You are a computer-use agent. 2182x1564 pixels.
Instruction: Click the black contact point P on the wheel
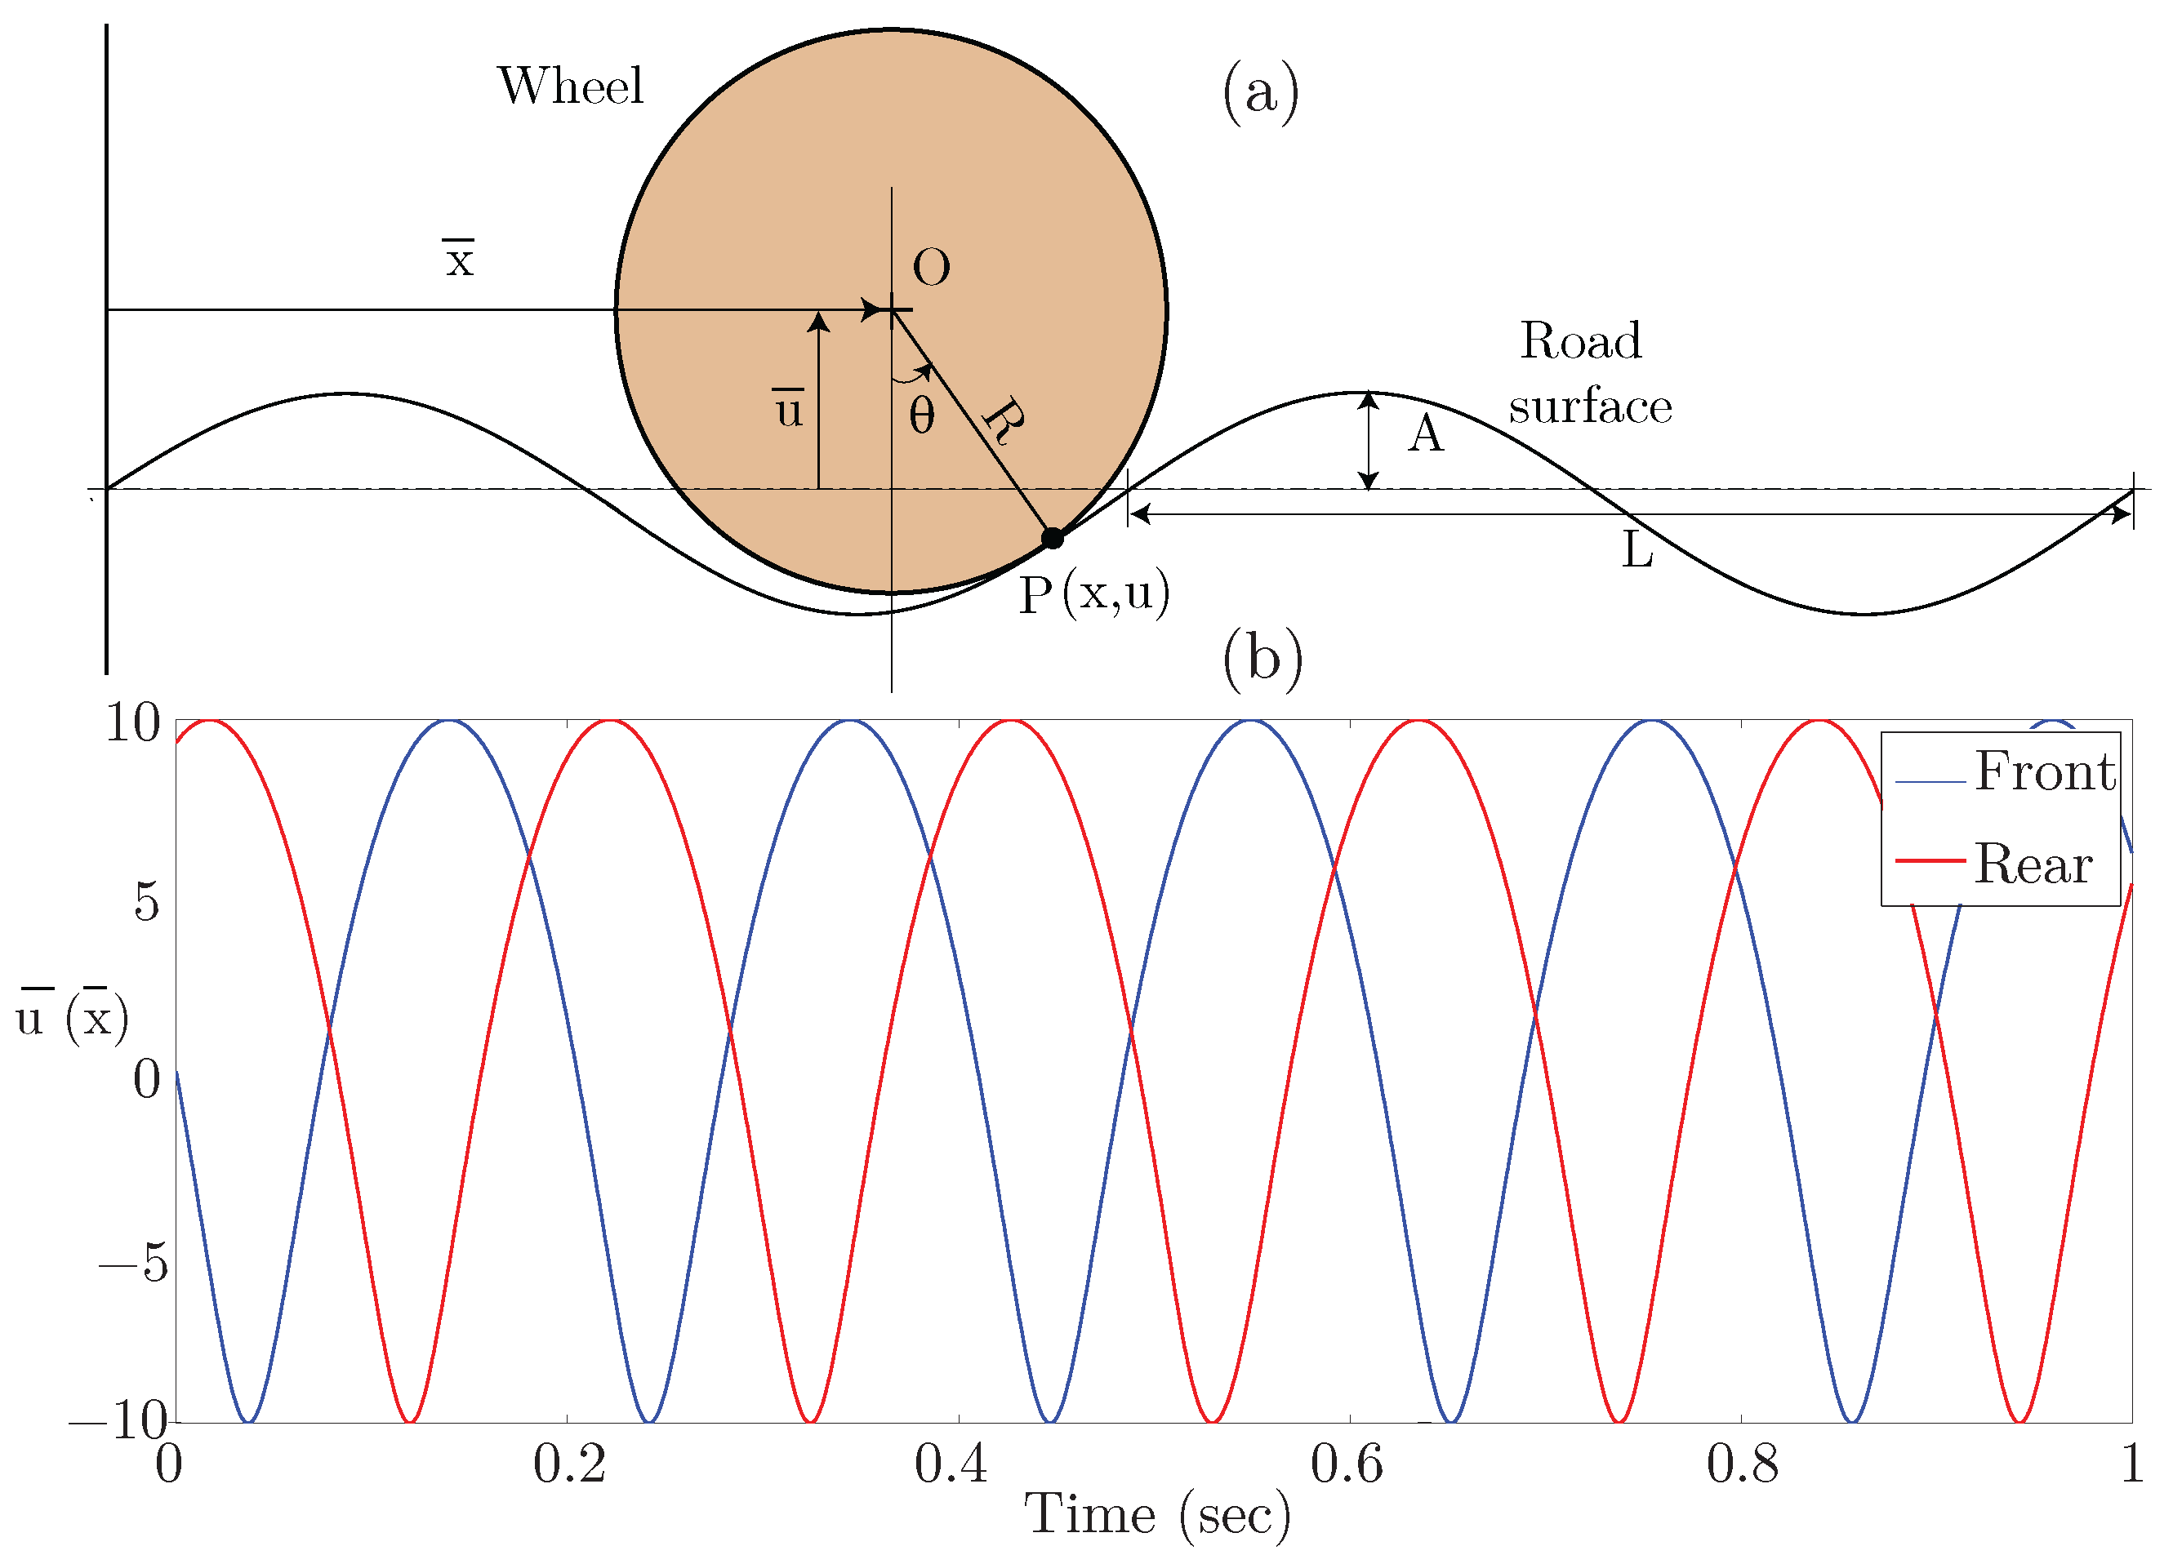(x=1053, y=538)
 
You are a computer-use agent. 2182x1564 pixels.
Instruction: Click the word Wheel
(x=571, y=86)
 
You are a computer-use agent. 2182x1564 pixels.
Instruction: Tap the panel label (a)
(x=1260, y=92)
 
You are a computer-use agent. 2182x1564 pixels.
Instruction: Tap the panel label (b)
(x=1262, y=660)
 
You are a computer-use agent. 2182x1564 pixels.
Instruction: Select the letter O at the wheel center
(x=930, y=268)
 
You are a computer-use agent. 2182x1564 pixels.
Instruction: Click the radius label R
(x=1004, y=420)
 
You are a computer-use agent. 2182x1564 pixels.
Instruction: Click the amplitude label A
(x=1426, y=433)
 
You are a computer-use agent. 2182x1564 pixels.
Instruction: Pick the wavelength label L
(x=1637, y=551)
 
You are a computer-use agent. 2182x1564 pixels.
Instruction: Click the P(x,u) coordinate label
(x=1094, y=594)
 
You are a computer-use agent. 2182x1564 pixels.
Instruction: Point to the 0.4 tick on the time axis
(x=951, y=1464)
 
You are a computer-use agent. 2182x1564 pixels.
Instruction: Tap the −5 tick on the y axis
(x=134, y=1262)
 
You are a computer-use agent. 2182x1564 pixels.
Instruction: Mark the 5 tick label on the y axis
(x=146, y=901)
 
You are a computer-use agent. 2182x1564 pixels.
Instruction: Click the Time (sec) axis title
(x=1156, y=1516)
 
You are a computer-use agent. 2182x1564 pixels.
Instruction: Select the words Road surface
(x=1588, y=373)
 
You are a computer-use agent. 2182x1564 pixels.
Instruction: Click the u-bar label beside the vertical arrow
(x=789, y=409)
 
